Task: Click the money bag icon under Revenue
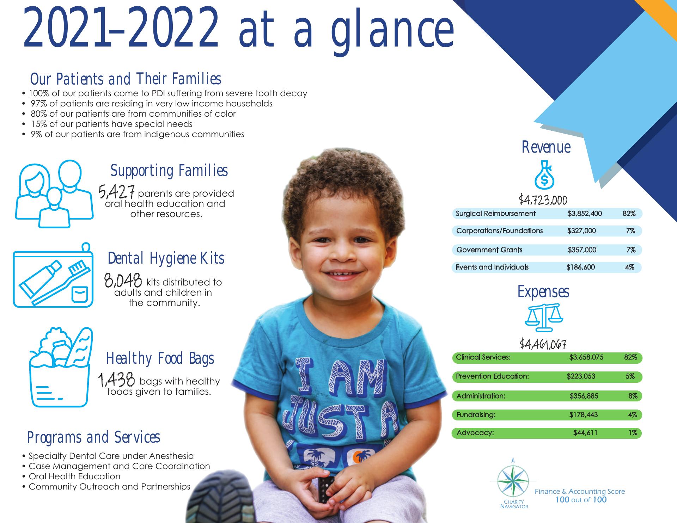[544, 175]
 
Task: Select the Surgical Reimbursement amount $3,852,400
[585, 214]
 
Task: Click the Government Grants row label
[489, 250]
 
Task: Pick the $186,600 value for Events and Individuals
[580, 267]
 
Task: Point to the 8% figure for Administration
[633, 396]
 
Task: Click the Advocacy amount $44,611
[585, 432]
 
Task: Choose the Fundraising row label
[476, 415]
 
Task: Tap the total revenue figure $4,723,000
[543, 200]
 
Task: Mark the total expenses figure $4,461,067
[543, 344]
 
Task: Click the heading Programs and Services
[93, 437]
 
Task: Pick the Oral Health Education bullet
[74, 476]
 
